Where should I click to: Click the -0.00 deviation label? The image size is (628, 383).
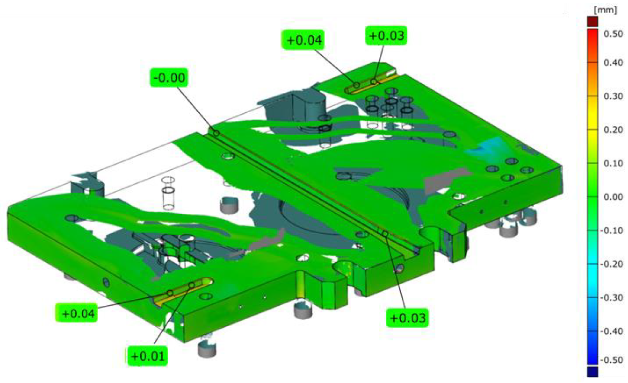pos(169,77)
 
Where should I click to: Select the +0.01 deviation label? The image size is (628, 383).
pos(148,356)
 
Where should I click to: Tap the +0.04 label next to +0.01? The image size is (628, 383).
pos(77,313)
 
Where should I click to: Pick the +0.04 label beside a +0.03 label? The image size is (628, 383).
pos(303,40)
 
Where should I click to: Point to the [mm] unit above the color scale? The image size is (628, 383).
pos(605,10)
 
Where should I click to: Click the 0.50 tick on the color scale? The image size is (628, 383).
pos(613,34)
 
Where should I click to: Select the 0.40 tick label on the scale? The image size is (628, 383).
pos(613,63)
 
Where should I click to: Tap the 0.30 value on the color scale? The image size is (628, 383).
pos(613,96)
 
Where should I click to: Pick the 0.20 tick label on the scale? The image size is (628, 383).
pos(613,130)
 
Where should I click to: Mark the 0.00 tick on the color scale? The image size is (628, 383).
pos(613,197)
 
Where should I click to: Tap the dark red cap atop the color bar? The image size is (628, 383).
pos(593,22)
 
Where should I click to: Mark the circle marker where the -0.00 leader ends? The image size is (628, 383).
pos(216,133)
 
